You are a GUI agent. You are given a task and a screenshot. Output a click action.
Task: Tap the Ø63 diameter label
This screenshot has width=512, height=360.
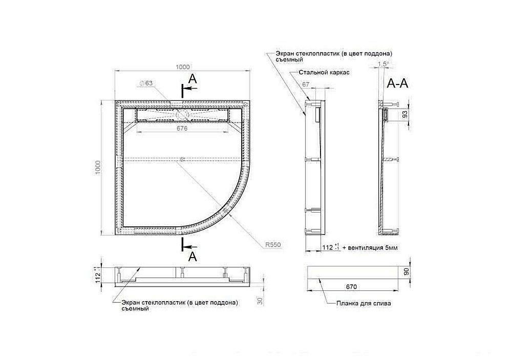pos(146,83)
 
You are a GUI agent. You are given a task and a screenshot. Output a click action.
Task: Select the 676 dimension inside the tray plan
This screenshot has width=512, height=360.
pos(182,129)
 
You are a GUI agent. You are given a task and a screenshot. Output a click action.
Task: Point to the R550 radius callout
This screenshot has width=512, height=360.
pos(274,245)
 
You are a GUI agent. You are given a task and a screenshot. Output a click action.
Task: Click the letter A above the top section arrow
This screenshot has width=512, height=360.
pos(192,78)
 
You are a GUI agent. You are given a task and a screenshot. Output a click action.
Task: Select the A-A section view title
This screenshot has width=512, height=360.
pos(398,84)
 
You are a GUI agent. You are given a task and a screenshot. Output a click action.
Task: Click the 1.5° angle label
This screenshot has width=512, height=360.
pos(382,64)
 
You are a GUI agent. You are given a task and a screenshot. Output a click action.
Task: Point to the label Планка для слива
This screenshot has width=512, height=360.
pos(364,303)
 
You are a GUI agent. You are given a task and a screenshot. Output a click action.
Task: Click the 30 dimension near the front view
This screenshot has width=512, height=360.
pos(261,302)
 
